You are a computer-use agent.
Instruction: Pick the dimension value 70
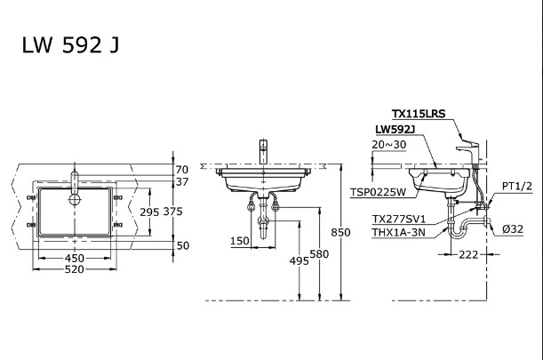181,169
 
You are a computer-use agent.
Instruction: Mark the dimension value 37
181,182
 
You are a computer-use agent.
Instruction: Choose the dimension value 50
181,244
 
